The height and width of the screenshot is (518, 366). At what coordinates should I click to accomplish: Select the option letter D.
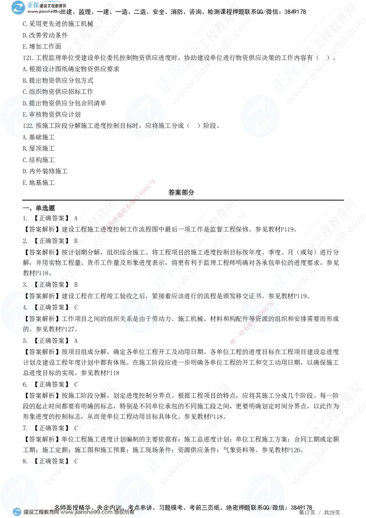tap(25, 103)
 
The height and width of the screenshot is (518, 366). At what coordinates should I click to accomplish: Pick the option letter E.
tap(25, 114)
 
